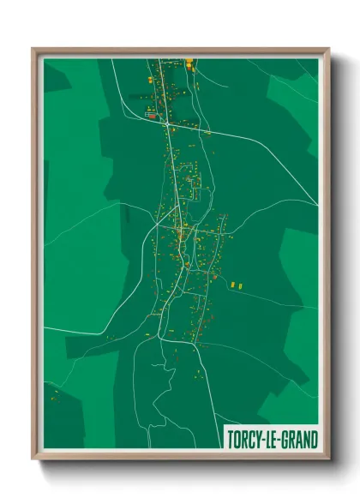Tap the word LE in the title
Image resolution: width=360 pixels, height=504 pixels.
click(x=273, y=438)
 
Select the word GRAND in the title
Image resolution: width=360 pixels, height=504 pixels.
click(x=300, y=438)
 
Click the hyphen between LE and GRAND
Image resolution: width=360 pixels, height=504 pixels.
click(x=281, y=439)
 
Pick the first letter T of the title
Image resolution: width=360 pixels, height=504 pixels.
click(x=229, y=438)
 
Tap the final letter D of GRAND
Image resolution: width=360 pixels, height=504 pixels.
click(x=315, y=438)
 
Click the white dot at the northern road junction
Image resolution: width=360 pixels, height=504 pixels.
click(x=165, y=124)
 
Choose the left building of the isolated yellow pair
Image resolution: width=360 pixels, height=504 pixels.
click(x=232, y=284)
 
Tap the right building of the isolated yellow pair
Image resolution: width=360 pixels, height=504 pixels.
click(x=241, y=284)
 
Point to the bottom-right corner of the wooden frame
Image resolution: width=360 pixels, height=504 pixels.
click(x=328, y=458)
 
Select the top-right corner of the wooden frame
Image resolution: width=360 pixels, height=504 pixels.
click(x=328, y=49)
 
